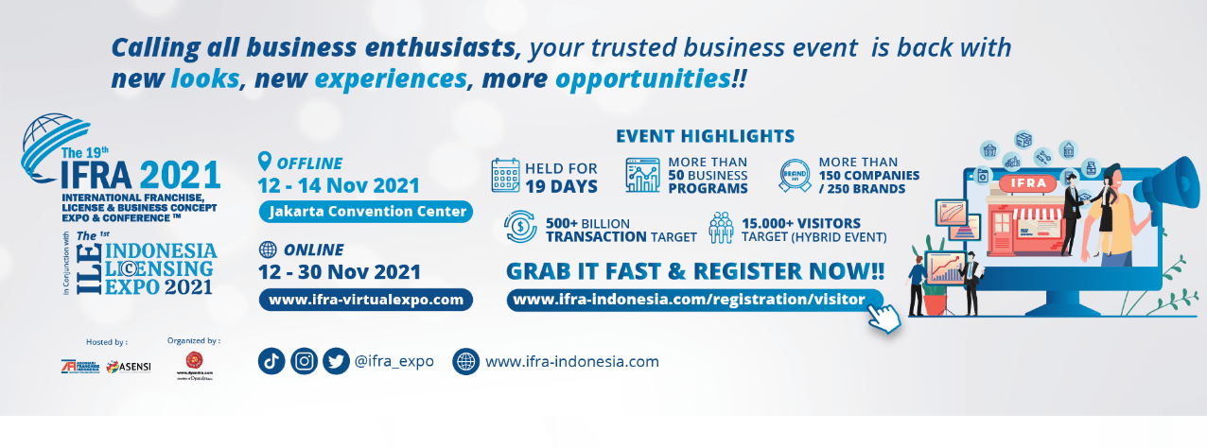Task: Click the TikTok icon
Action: click(x=271, y=361)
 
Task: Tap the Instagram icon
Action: click(x=304, y=361)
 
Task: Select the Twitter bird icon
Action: click(x=336, y=361)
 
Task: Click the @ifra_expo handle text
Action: click(x=394, y=361)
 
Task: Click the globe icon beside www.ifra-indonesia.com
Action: click(x=466, y=361)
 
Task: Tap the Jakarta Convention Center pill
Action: click(x=365, y=211)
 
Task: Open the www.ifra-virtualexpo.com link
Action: click(x=365, y=300)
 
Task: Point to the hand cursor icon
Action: click(x=883, y=318)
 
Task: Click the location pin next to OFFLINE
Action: click(x=265, y=162)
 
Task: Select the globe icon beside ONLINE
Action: click(x=268, y=250)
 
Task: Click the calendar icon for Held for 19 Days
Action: click(x=506, y=176)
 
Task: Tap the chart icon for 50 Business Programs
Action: click(x=642, y=176)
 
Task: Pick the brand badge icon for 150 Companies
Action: click(x=794, y=176)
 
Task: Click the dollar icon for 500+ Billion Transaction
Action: click(x=520, y=228)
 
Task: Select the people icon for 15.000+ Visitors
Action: click(x=721, y=228)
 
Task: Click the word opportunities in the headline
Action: click(x=642, y=78)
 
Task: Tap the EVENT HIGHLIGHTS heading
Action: click(x=705, y=135)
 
